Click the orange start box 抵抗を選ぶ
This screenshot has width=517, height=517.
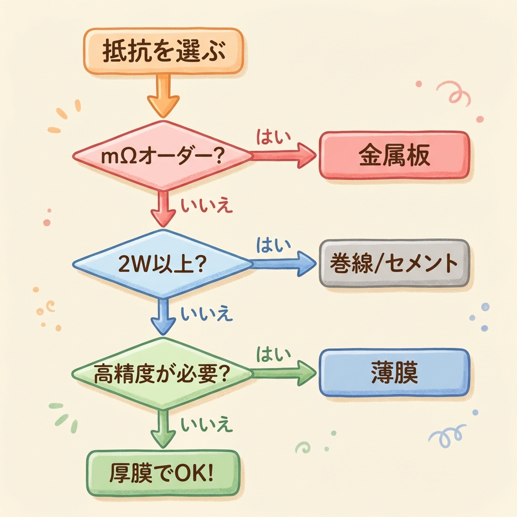pos(163,52)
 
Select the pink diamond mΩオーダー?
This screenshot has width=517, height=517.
pos(163,156)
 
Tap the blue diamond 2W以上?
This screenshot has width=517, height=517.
pos(163,264)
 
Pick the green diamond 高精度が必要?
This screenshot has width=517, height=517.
pos(163,374)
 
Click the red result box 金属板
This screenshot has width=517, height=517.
pos(394,156)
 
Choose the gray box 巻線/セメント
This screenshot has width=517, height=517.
pos(394,264)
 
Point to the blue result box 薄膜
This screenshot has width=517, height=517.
pos(394,372)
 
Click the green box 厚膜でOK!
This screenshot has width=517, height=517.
pos(162,473)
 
